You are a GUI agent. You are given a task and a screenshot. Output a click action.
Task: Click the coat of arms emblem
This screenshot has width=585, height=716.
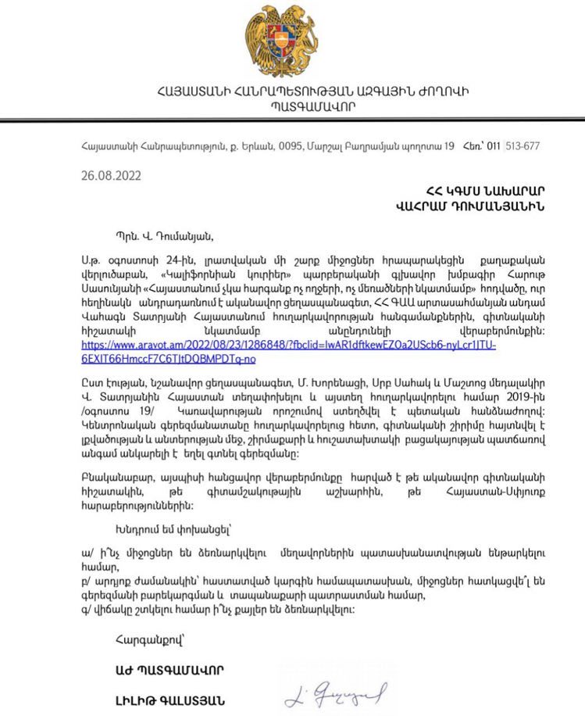coord(291,40)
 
